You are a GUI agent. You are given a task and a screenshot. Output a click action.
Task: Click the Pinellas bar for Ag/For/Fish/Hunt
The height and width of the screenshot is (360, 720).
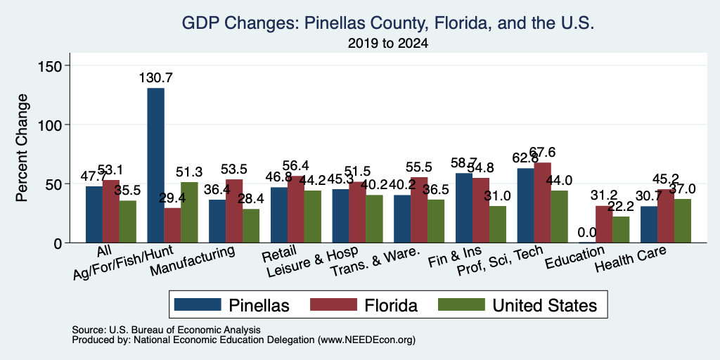(155, 165)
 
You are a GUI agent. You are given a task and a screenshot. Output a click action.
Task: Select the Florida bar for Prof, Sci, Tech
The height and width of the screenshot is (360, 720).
(542, 202)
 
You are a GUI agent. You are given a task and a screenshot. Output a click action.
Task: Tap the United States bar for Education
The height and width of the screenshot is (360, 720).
(621, 230)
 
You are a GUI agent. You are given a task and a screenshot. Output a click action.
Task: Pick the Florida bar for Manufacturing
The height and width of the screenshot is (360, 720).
(234, 211)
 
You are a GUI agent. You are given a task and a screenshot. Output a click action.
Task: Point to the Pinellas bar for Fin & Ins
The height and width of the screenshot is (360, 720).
(464, 208)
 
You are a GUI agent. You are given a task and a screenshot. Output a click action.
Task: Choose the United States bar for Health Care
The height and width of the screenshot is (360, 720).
(682, 221)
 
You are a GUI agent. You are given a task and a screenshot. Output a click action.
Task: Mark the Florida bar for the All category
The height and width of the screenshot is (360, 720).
(110, 211)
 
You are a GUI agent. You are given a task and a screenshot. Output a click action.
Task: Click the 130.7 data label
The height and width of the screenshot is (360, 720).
(156, 77)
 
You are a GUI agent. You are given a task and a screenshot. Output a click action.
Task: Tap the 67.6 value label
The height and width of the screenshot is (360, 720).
(543, 153)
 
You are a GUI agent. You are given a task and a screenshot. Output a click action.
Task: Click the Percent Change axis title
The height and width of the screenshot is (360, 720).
(22, 148)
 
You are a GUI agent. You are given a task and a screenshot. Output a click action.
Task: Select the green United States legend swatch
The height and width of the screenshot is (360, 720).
(461, 304)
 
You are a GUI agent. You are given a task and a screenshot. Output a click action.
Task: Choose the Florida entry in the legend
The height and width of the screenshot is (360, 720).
(364, 305)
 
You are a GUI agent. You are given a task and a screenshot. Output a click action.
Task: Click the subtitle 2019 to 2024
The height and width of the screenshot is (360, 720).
(388, 44)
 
